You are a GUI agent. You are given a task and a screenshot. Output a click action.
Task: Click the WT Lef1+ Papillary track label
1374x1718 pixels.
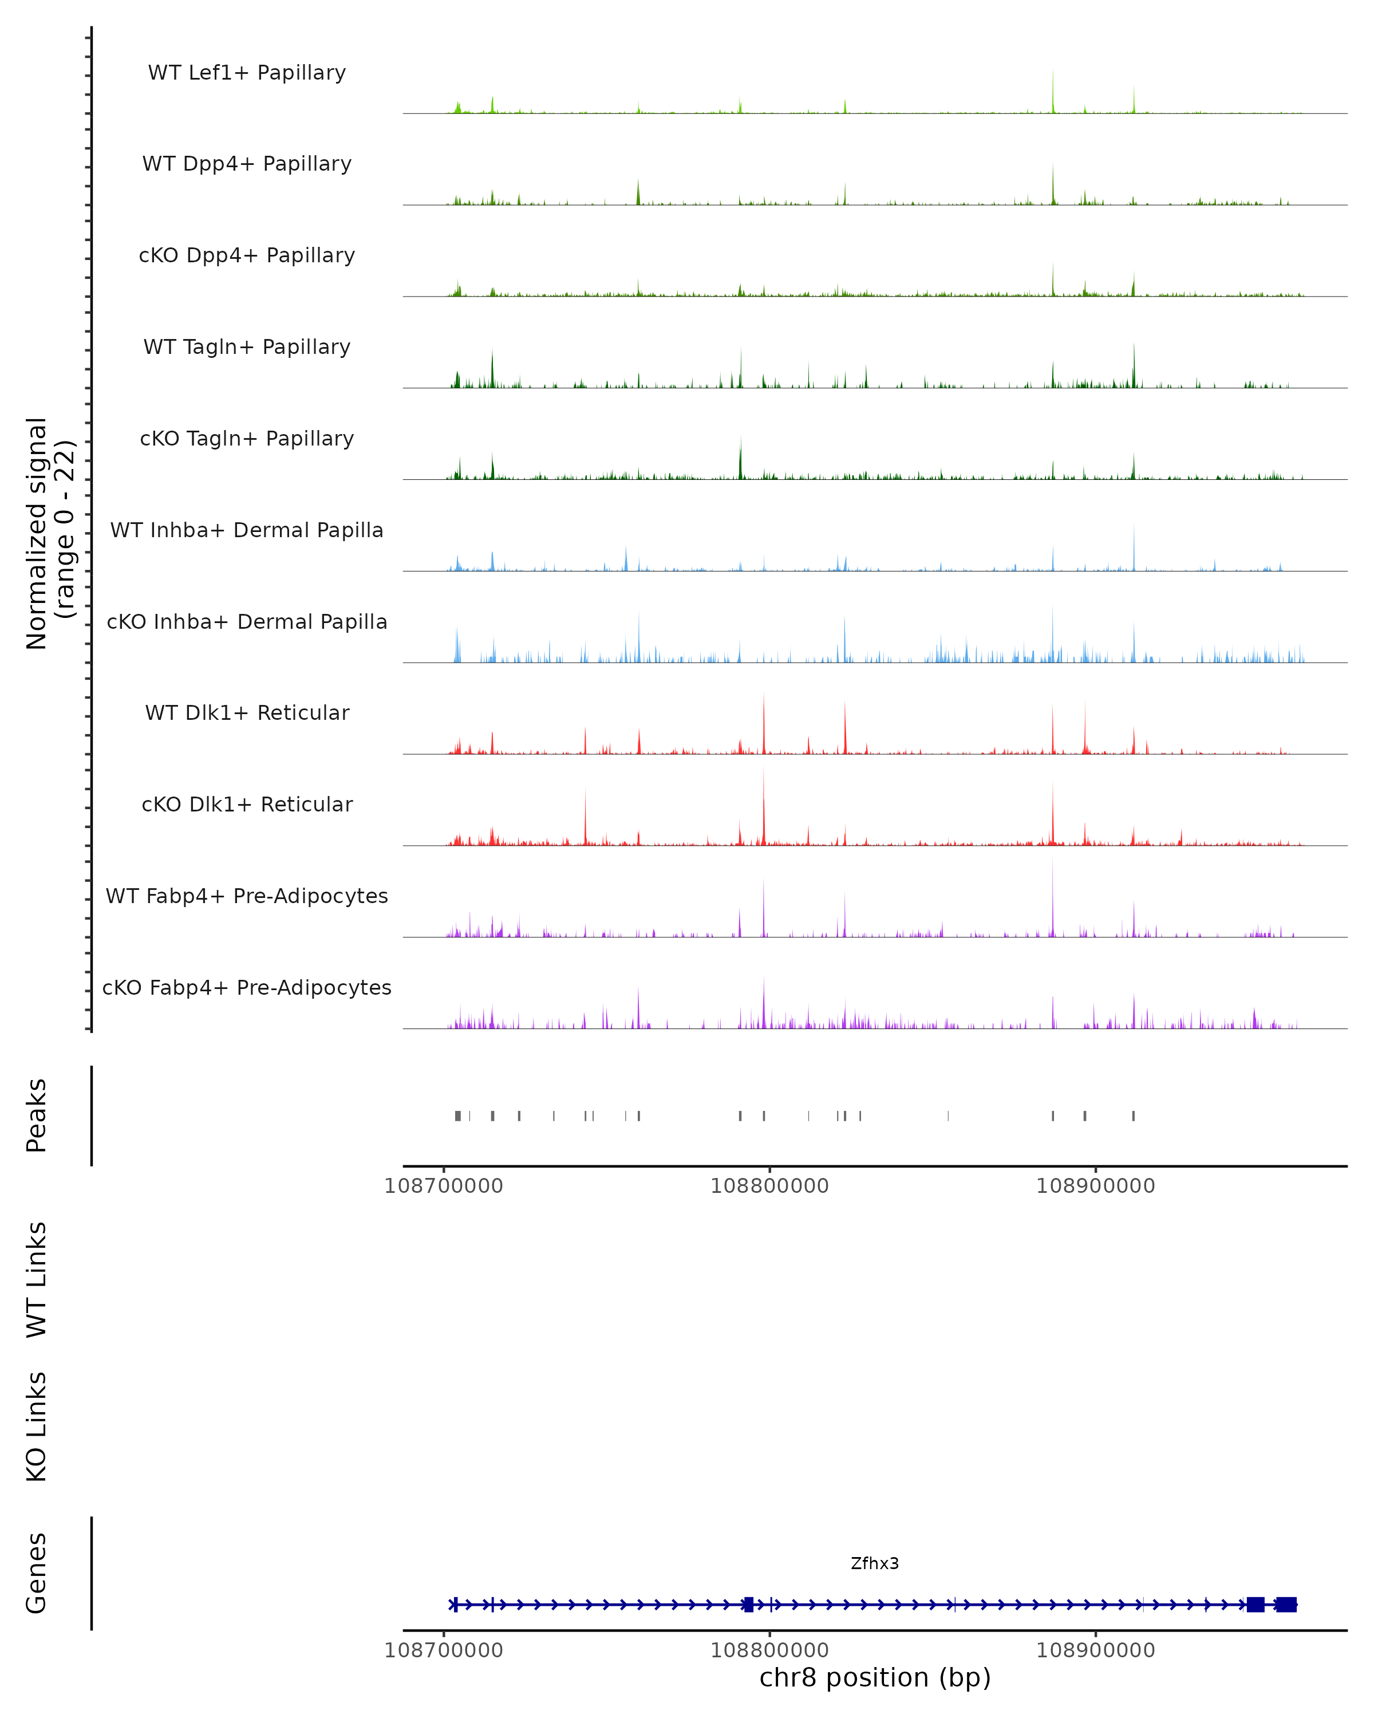point(247,73)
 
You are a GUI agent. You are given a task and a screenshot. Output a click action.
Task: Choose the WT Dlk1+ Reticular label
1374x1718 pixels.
point(247,712)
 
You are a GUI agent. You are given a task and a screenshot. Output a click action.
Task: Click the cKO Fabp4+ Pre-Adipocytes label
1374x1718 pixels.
point(247,987)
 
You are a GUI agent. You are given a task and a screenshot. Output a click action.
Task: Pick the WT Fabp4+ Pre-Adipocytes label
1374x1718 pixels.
point(247,896)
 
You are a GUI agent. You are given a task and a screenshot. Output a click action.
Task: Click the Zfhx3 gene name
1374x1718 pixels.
point(875,1563)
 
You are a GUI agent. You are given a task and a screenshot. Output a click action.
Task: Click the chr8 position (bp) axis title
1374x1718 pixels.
point(875,1677)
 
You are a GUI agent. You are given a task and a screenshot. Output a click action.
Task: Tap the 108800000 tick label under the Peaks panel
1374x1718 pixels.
point(769,1186)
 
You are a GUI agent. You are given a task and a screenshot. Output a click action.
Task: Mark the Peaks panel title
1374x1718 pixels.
point(37,1116)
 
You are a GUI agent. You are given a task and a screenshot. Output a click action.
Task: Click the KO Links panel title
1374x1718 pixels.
point(37,1427)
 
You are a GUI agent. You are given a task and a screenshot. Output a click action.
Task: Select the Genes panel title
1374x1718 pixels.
point(37,1573)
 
